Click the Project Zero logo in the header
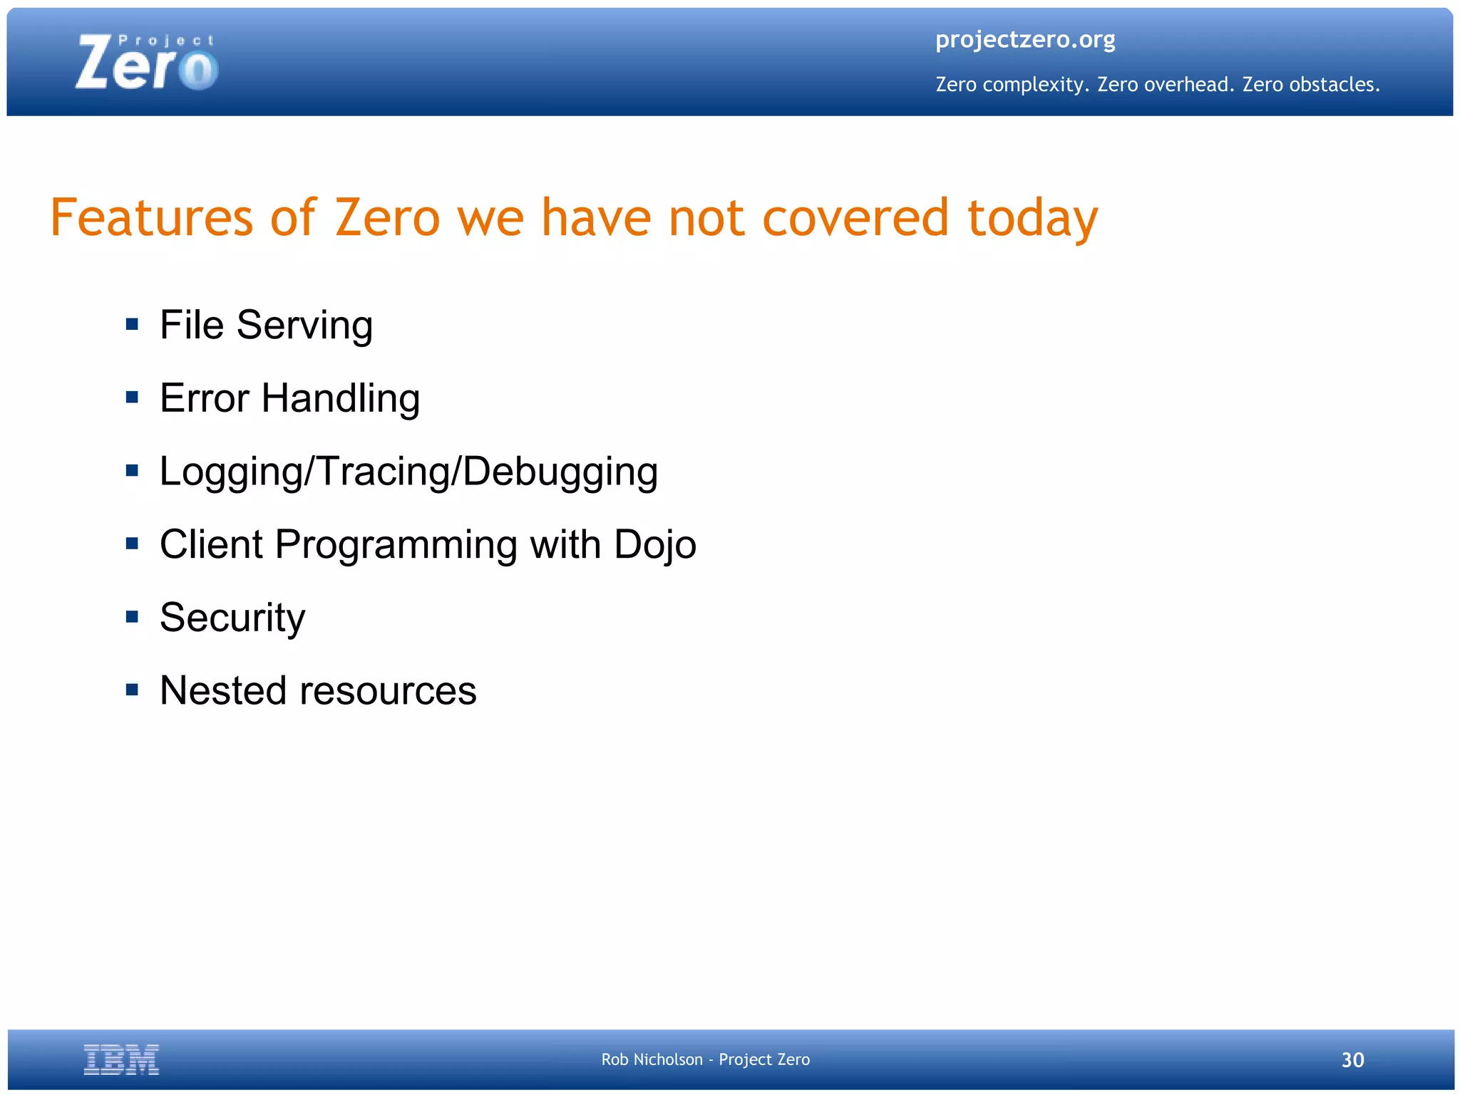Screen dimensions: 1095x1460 (146, 63)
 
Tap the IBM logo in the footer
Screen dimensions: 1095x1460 (121, 1059)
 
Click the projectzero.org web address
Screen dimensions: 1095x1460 (1025, 40)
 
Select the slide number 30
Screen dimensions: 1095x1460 (1352, 1060)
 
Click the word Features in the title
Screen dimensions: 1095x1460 (152, 217)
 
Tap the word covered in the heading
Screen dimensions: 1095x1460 (855, 217)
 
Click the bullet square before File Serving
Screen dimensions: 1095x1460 (132, 325)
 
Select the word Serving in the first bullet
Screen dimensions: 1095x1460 (304, 326)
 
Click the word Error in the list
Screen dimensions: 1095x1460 (204, 398)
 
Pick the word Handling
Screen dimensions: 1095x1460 (341, 399)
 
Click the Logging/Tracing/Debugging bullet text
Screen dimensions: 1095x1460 (408, 472)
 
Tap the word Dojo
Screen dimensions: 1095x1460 (654, 546)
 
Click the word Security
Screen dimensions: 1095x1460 (232, 618)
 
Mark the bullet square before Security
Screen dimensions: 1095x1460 (132, 617)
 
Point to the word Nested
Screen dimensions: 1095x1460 (222, 690)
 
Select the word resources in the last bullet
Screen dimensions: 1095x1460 (388, 692)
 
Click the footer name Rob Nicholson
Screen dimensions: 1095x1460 (652, 1060)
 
